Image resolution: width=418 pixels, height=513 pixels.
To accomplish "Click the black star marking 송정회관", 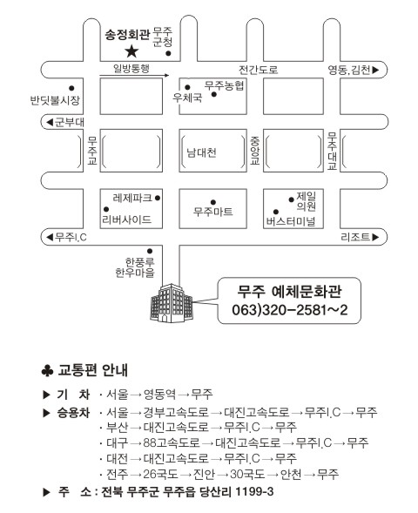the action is coord(131,51).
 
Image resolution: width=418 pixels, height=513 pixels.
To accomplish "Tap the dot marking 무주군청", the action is coord(168,54).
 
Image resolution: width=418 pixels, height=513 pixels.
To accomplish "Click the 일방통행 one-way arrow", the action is coord(134,76).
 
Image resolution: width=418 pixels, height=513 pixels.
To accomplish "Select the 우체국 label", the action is coord(187,98).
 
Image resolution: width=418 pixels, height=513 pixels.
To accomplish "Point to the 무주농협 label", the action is coord(224,85).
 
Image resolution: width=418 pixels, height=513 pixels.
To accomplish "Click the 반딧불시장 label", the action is coord(55,100).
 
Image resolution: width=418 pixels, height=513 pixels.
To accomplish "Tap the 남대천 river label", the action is coord(201,152).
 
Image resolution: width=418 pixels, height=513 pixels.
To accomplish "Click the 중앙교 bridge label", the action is coord(255,151).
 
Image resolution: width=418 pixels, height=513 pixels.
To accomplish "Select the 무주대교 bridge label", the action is coord(333,151).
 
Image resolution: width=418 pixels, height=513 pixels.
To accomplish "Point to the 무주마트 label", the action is coord(213,212).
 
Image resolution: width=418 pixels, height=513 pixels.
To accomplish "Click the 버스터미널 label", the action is coord(291,222).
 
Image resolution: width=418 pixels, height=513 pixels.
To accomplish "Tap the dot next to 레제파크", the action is coord(158,198).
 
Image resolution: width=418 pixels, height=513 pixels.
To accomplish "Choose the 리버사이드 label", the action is coord(127,219).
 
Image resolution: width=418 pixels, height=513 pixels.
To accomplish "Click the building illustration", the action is coord(172,303).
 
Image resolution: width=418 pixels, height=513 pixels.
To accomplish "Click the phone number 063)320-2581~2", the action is coord(289,310).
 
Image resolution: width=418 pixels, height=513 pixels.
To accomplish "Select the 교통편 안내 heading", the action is coord(92,370).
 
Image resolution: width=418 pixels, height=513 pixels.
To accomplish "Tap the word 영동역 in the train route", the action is coord(159,394).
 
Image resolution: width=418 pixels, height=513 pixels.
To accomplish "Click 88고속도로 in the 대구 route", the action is coord(172,442).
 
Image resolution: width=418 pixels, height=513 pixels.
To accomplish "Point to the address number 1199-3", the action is coord(254,491).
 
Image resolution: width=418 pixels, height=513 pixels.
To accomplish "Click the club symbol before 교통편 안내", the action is coord(47,371).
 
